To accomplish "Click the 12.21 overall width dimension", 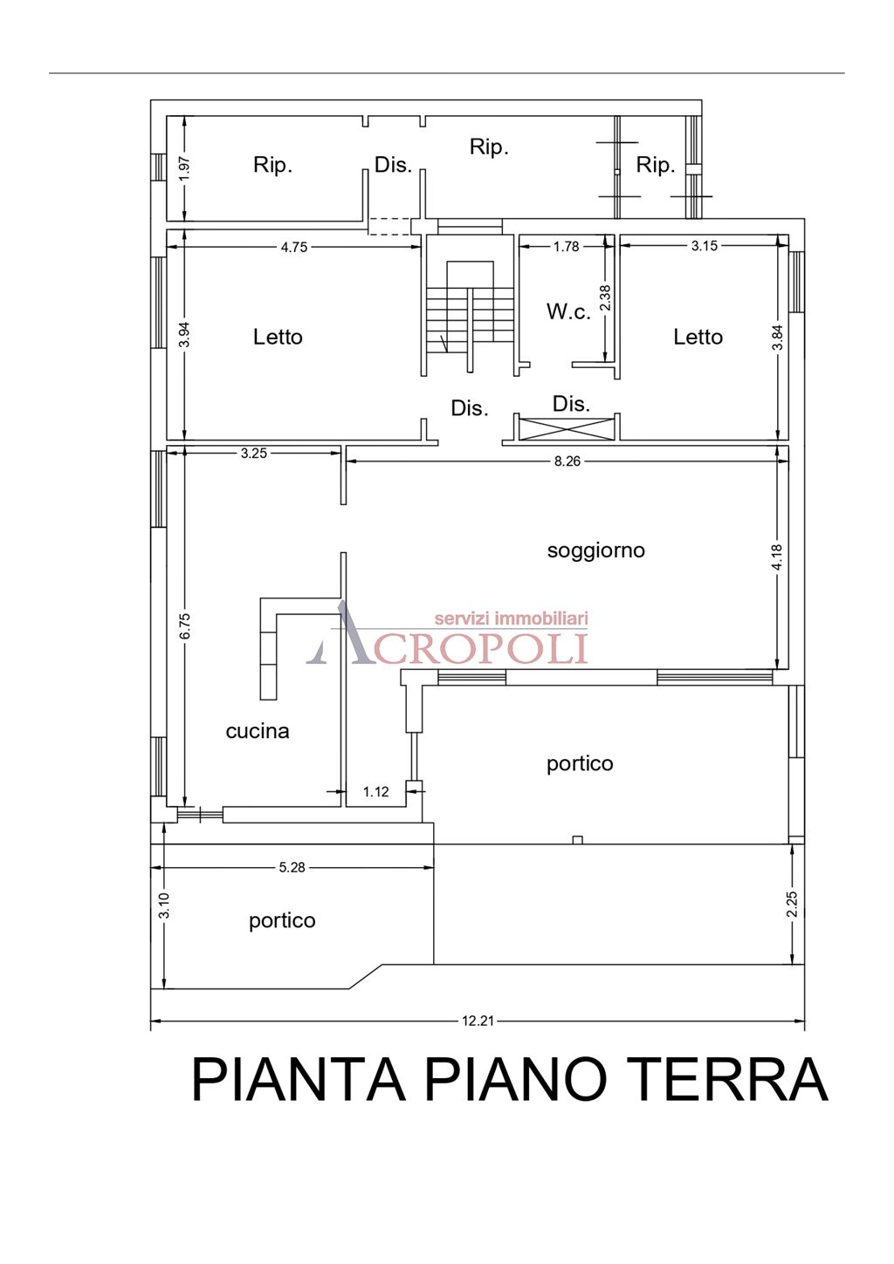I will tap(478, 1021).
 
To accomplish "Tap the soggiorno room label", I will tap(595, 550).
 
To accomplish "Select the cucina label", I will tap(257, 731).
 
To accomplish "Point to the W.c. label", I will tap(568, 311).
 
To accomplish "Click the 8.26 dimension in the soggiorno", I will tap(567, 461).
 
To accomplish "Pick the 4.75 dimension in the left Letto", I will tap(293, 247).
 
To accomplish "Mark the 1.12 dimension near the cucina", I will tap(375, 792).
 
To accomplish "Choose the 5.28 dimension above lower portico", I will tap(292, 867).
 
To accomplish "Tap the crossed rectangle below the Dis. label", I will tap(567, 428).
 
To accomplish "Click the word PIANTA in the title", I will tap(299, 1080).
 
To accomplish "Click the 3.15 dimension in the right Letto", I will tap(704, 246).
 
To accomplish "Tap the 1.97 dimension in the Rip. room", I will tap(183, 168).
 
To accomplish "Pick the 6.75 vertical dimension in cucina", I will tap(184, 626).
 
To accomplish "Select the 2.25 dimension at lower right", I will tap(792, 905).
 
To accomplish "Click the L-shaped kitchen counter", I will tap(270, 646).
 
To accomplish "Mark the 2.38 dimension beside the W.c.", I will tap(605, 298).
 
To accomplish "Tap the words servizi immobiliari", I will tap(511, 618).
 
